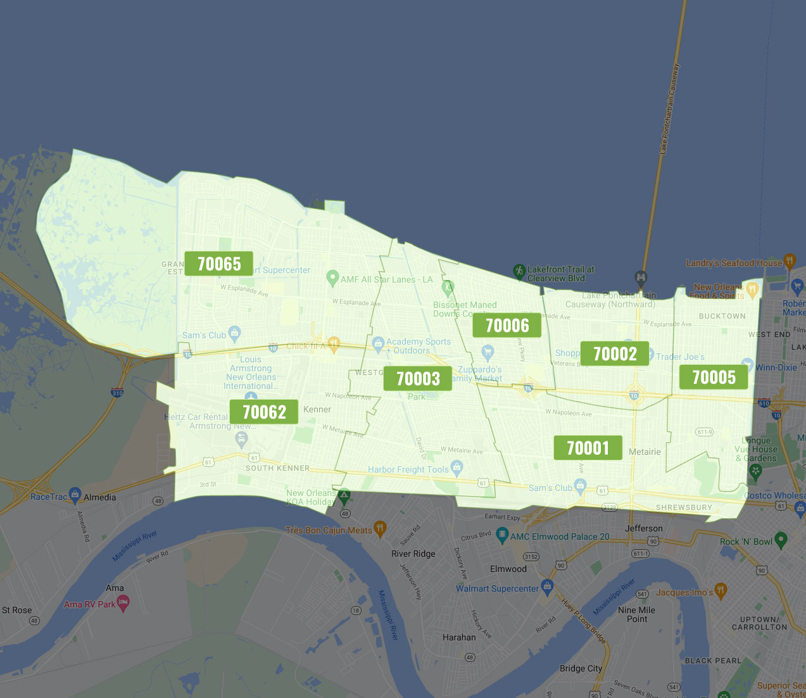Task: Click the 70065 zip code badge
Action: click(x=219, y=263)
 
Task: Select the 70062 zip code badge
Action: click(x=264, y=412)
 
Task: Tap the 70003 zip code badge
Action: click(x=418, y=379)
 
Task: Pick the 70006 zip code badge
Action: click(x=507, y=326)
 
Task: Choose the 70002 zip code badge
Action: click(x=615, y=353)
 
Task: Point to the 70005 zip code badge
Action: click(x=714, y=378)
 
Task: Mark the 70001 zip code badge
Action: click(x=588, y=448)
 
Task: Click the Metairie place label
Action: click(x=645, y=452)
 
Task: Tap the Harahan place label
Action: click(x=459, y=637)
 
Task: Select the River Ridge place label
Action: click(x=413, y=554)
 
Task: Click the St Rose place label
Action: click(x=16, y=610)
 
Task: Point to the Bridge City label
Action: click(x=581, y=668)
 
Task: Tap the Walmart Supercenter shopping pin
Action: click(x=548, y=585)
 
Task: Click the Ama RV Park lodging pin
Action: click(x=123, y=602)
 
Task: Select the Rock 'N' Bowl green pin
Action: click(x=781, y=539)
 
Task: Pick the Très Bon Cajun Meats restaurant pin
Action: click(x=380, y=528)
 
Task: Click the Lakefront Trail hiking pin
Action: click(x=519, y=271)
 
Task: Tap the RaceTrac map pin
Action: click(x=75, y=494)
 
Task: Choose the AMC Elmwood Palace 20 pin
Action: click(x=502, y=534)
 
